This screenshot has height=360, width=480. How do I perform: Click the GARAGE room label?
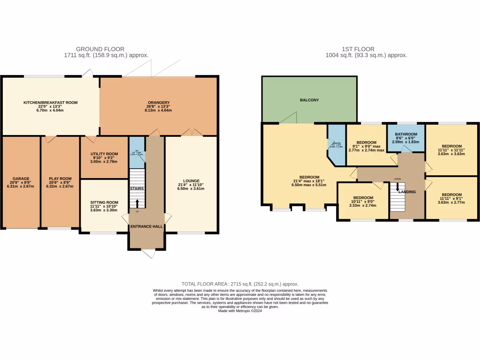tap(21, 179)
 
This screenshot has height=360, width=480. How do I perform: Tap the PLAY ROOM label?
tap(60, 179)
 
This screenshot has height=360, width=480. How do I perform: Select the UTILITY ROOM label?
tap(104, 154)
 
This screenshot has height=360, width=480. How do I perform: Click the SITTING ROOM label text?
tap(104, 202)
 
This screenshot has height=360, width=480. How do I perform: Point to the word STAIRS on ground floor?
tap(137, 188)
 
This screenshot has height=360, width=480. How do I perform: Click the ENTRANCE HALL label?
tap(147, 226)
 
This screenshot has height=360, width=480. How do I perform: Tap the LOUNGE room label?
tap(191, 181)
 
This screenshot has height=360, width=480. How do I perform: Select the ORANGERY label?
tap(158, 103)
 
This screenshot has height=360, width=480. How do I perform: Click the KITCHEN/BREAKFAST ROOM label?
tap(51, 102)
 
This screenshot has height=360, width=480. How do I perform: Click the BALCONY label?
tap(309, 100)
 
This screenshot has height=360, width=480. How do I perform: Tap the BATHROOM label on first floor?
tap(406, 134)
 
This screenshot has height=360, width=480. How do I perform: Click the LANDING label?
tap(407, 192)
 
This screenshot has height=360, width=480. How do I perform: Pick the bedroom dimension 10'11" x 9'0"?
tap(363, 202)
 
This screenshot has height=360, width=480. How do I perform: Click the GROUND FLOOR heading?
tap(106, 49)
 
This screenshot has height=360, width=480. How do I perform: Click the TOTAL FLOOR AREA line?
tap(240, 284)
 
